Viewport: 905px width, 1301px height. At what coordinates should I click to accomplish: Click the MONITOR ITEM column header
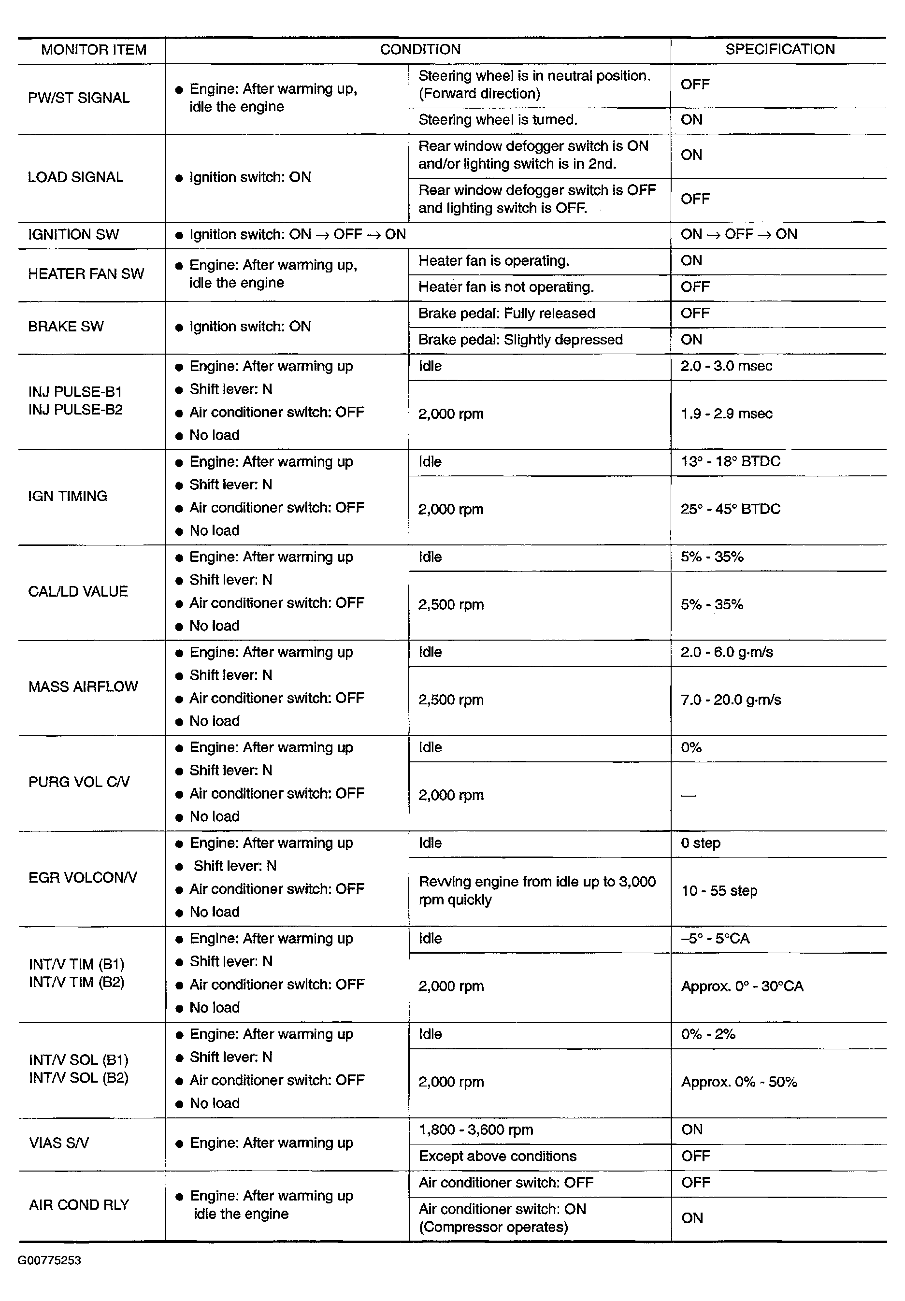point(94,50)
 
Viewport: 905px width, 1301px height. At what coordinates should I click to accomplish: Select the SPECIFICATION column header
point(780,49)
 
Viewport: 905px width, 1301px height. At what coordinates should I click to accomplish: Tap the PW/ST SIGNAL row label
point(79,98)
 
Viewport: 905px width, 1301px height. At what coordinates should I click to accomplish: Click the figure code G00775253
point(49,1260)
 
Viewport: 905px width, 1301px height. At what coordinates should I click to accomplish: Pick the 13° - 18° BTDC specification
point(730,461)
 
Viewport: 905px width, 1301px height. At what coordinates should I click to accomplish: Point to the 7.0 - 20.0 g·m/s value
point(731,700)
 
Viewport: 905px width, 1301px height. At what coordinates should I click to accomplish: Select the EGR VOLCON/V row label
point(83,878)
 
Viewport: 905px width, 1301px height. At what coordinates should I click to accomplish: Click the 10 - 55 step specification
point(718,891)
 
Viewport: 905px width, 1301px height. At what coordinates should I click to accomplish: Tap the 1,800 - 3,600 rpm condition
point(475,1130)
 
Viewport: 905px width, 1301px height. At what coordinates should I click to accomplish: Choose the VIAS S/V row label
point(59,1143)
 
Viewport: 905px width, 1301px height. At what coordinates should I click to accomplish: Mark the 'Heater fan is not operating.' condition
point(505,287)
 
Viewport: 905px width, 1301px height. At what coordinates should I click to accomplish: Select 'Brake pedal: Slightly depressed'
point(520,340)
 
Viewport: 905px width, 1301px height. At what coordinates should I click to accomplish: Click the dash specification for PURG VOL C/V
point(688,796)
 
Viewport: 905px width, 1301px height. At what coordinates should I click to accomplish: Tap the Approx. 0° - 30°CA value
point(742,986)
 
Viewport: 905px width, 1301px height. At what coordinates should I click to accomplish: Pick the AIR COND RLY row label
point(79,1205)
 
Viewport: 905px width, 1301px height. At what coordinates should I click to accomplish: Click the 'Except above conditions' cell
point(497,1156)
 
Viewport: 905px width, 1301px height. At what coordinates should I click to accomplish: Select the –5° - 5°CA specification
point(715,939)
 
